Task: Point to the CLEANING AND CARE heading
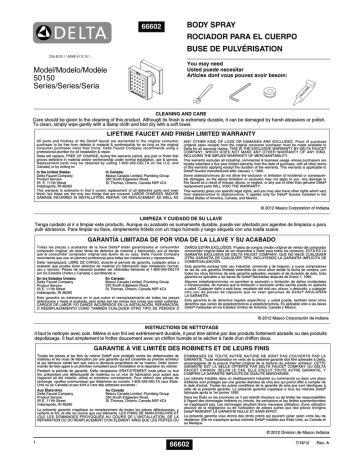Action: pos(180,112)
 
